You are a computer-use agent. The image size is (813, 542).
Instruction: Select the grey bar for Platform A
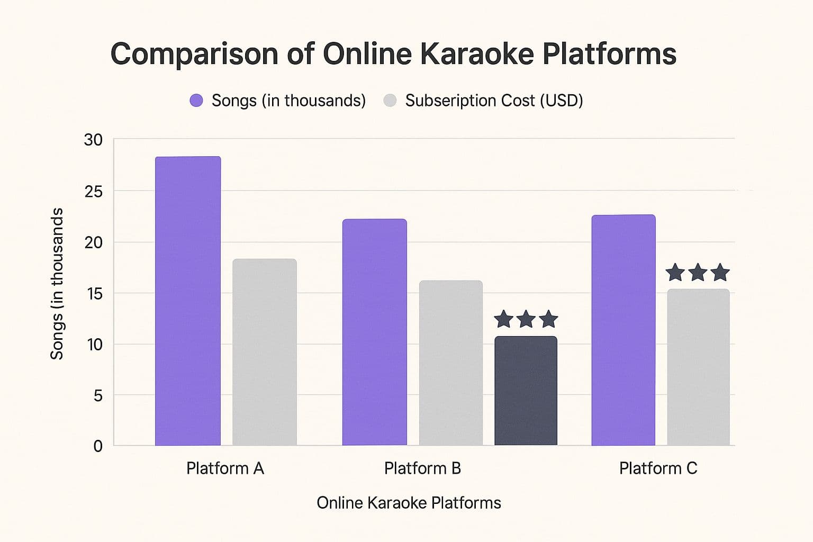coord(265,352)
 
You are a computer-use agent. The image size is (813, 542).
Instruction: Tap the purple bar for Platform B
coord(375,332)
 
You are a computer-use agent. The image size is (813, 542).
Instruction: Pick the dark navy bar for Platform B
coord(526,391)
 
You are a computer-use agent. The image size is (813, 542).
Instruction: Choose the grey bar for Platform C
coord(698,367)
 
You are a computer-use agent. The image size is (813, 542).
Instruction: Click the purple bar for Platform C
coord(624,330)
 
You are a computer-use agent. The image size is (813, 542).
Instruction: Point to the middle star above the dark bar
coord(526,319)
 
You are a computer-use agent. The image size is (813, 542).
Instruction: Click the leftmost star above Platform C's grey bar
coord(675,273)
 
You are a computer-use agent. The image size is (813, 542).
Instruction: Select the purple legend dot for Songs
coord(196,101)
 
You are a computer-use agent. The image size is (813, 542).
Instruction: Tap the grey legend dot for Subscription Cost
coord(390,101)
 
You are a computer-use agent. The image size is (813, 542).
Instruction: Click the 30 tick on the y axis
coord(93,140)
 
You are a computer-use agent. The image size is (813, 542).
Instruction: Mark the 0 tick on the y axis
coord(98,446)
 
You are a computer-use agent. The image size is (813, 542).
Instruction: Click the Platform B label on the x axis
coord(422,468)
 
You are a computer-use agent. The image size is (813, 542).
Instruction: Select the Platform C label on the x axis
coord(658,468)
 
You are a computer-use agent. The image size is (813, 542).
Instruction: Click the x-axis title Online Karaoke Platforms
coord(409,503)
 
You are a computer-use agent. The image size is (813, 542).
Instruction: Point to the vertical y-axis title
coord(57,284)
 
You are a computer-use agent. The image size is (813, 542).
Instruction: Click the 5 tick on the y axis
coord(98,395)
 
